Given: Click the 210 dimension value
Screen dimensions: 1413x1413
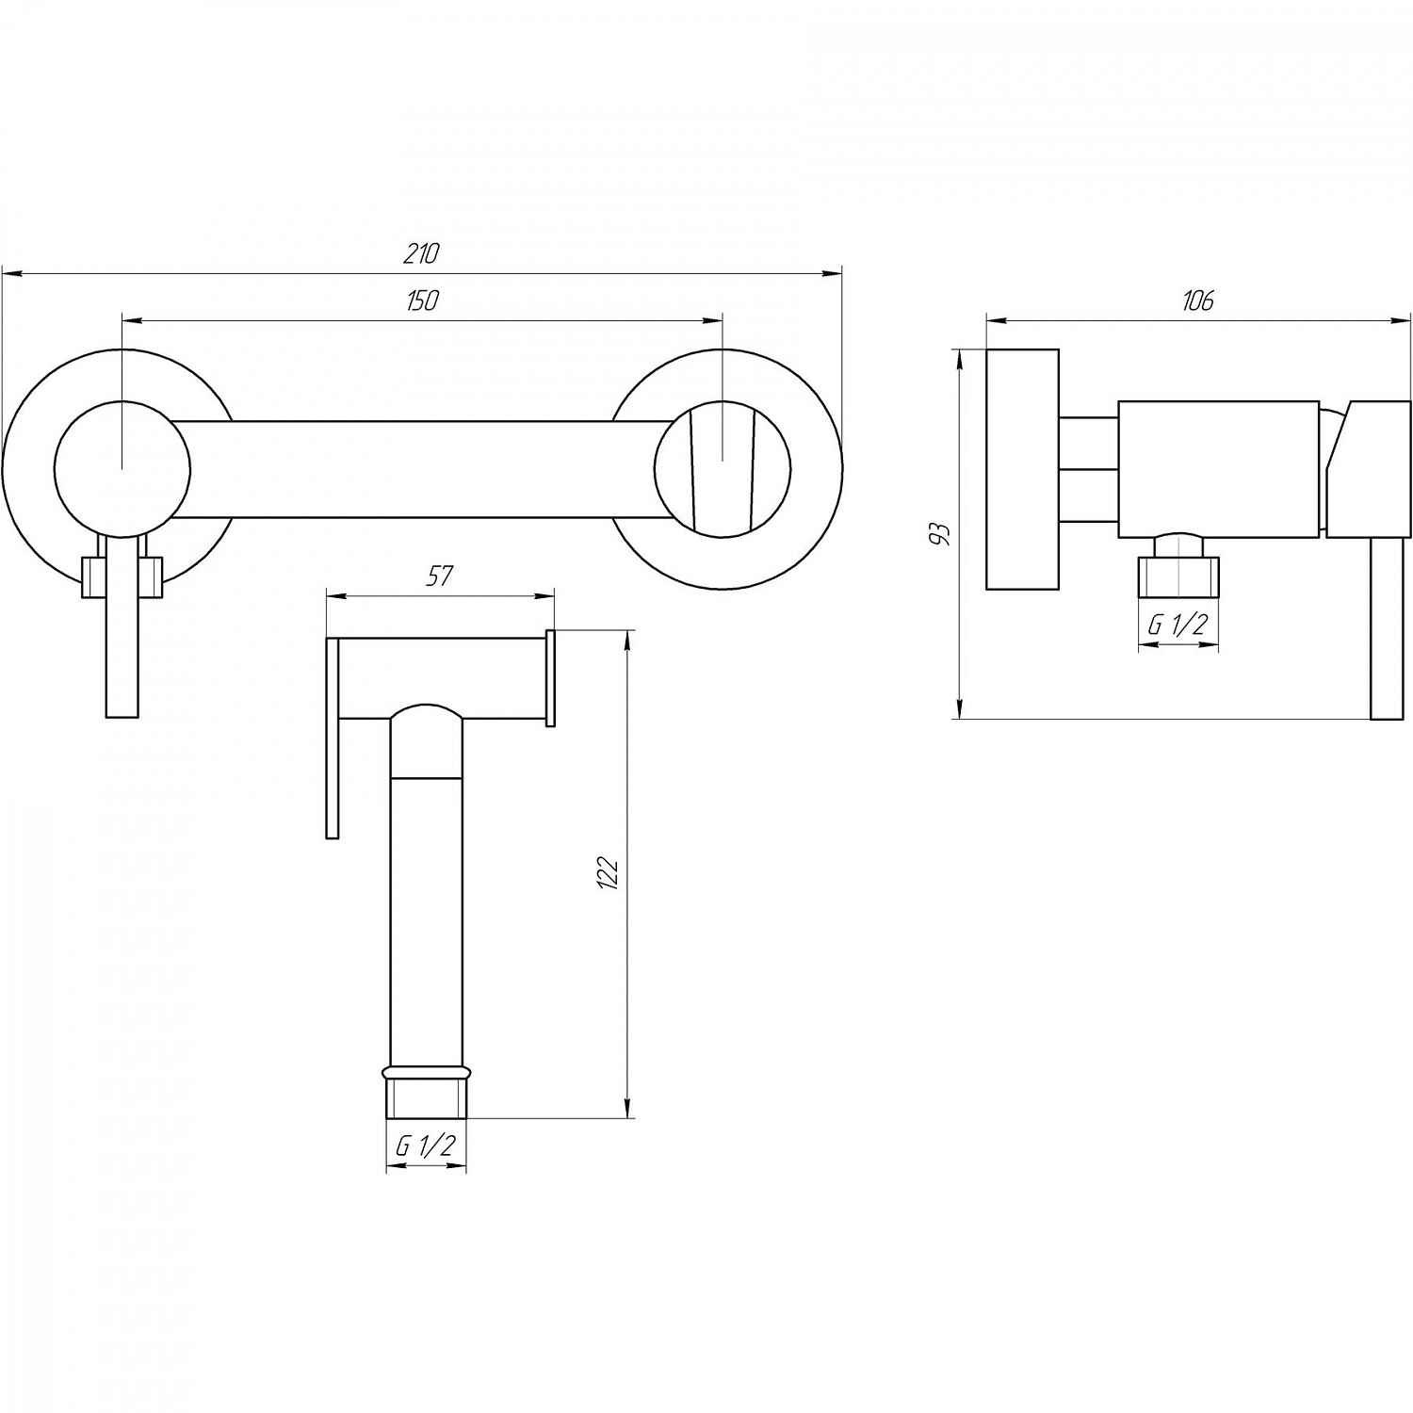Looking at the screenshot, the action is [x=421, y=252].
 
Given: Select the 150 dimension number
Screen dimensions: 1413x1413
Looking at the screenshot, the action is [x=422, y=300].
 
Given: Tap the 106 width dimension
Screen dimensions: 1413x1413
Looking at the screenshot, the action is [x=1197, y=300].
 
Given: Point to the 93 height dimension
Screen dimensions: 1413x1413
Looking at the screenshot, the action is [x=939, y=533].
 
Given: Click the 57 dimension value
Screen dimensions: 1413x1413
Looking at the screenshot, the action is [x=440, y=576].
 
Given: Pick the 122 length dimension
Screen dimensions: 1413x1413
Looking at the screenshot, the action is [x=608, y=874].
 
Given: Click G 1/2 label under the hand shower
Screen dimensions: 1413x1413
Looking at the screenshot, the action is [x=426, y=1145].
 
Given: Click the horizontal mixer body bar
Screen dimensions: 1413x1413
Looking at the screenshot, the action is [x=423, y=468].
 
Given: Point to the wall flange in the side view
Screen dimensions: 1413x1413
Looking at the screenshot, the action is [x=1022, y=470].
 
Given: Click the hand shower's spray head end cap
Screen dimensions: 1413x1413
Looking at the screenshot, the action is [x=551, y=678].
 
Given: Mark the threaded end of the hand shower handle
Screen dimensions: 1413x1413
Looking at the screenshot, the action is [x=426, y=1097].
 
